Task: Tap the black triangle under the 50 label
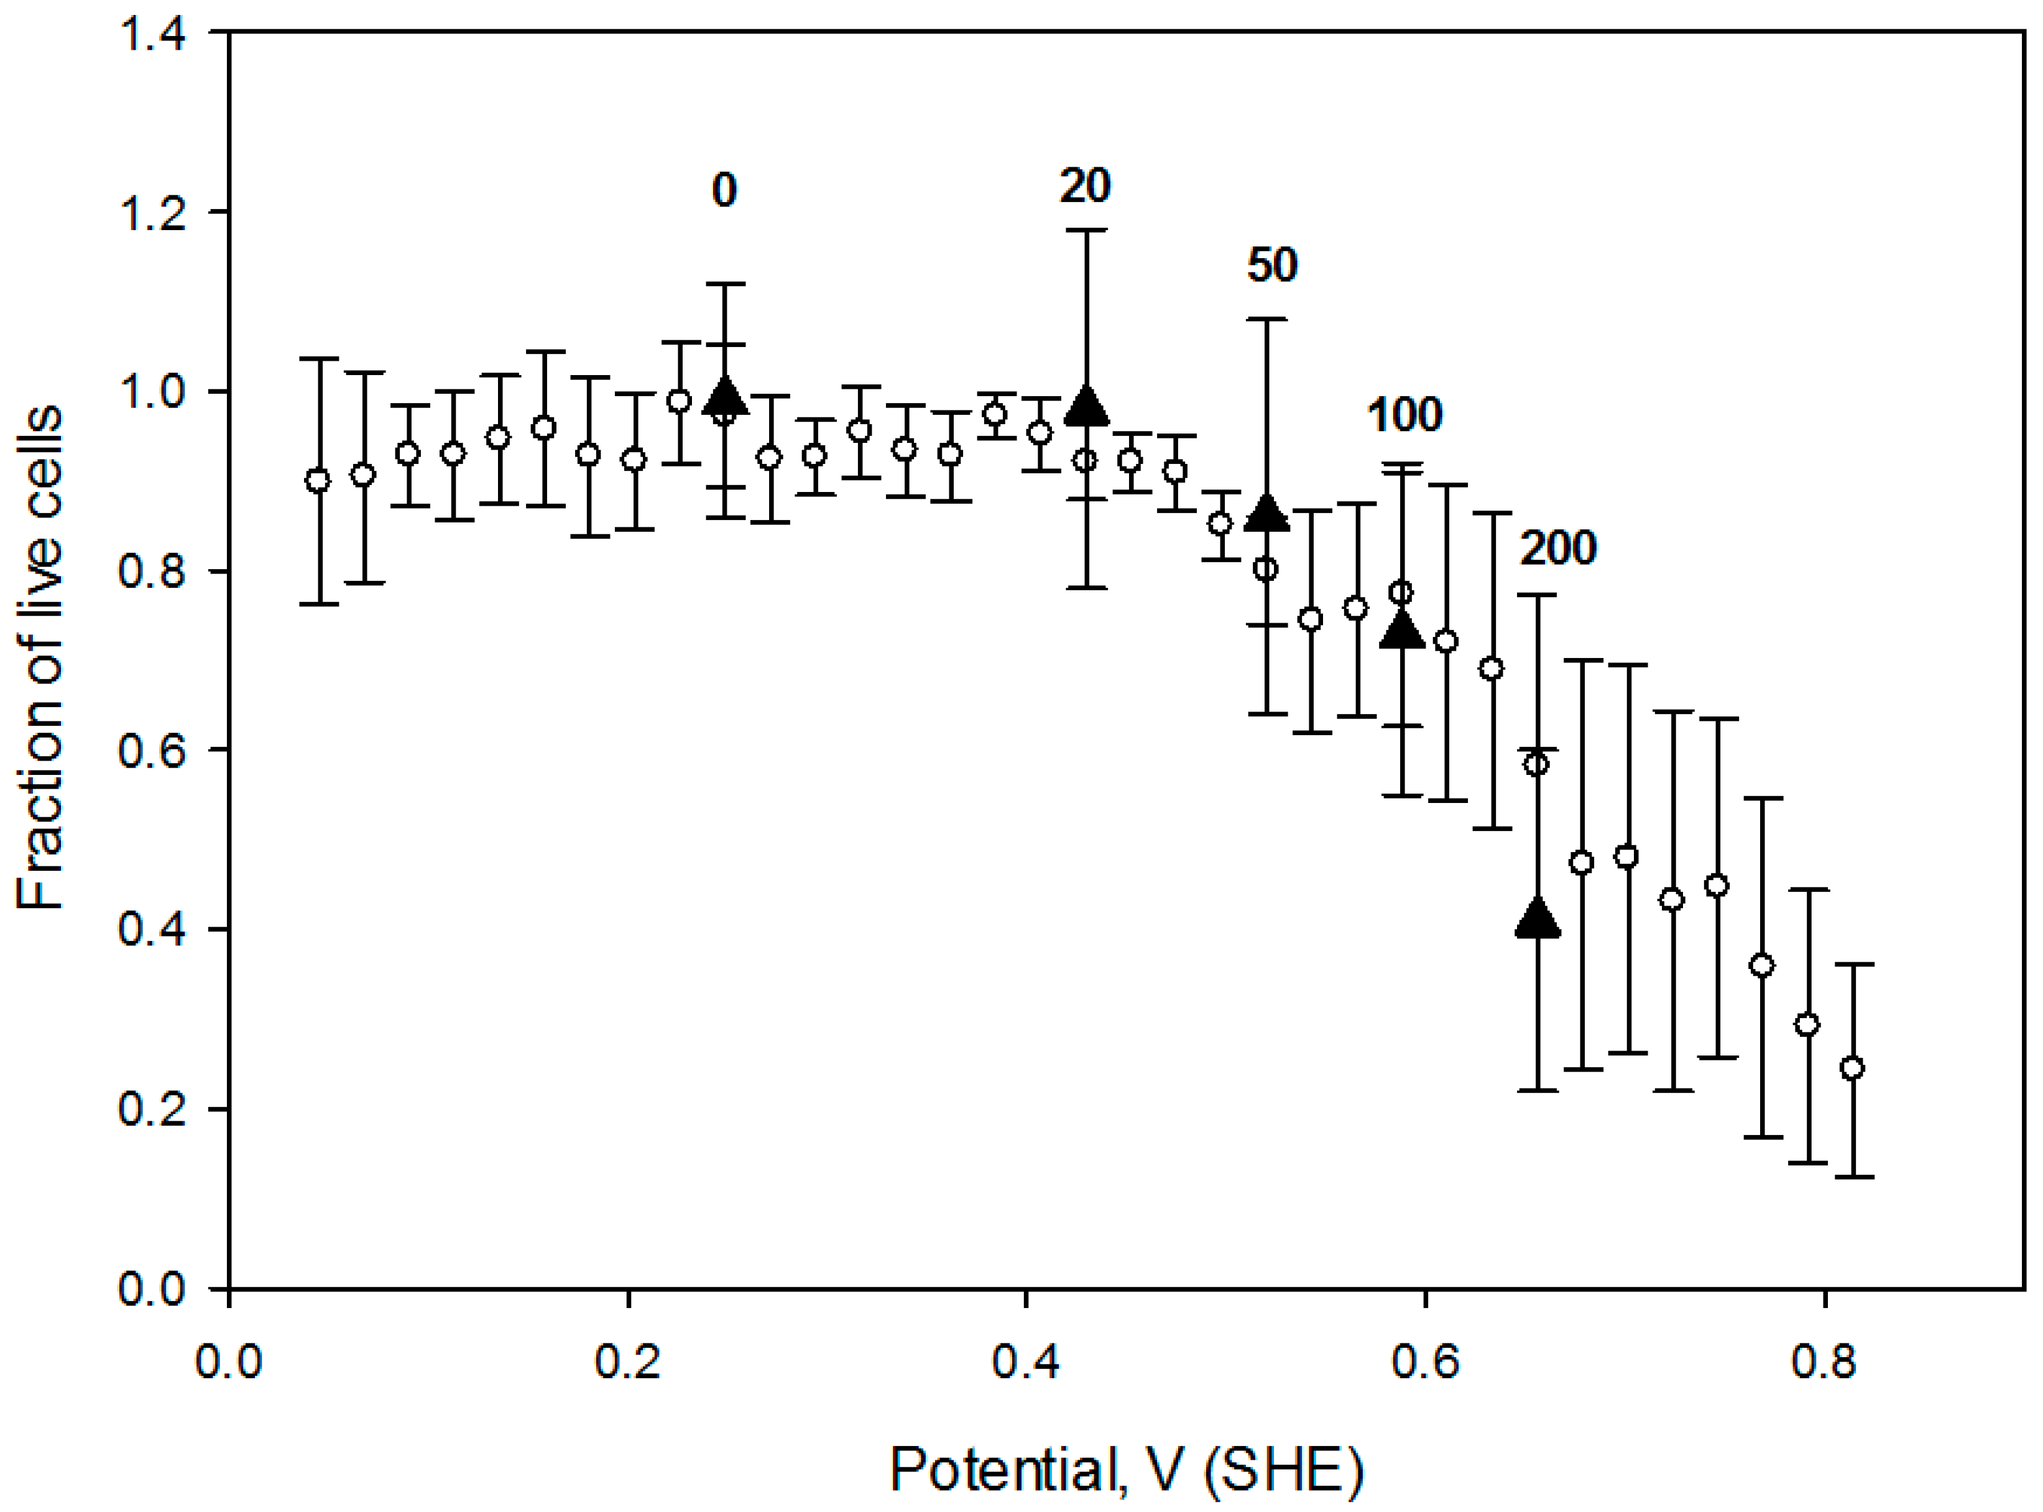1267,514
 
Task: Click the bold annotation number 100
1404,415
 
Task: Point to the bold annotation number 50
1271,266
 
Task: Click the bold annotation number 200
1558,548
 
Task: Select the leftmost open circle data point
318,481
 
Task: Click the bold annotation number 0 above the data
724,190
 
